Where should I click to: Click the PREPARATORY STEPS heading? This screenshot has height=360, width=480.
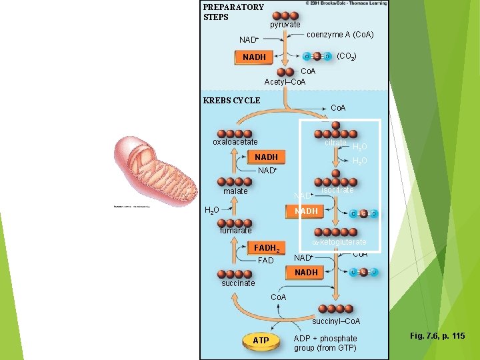(x=233, y=12)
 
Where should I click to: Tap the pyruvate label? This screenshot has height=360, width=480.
(x=285, y=25)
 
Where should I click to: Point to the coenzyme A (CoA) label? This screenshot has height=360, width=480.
(x=340, y=35)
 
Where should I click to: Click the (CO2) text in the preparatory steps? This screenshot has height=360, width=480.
(x=347, y=57)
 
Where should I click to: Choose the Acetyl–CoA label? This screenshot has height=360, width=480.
(x=285, y=81)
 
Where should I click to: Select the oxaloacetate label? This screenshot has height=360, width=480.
(x=235, y=142)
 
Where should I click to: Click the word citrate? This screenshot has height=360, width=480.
(x=335, y=143)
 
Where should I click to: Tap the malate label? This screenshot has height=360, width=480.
(x=235, y=191)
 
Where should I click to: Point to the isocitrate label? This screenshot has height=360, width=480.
(x=337, y=190)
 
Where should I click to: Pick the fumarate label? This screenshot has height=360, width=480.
(x=236, y=231)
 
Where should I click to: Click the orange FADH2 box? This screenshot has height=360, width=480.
(x=269, y=247)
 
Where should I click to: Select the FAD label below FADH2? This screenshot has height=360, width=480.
(x=265, y=261)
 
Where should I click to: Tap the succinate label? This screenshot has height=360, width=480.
(x=237, y=283)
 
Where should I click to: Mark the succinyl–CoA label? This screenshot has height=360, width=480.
(x=337, y=321)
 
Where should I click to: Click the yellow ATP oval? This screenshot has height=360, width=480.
(x=261, y=341)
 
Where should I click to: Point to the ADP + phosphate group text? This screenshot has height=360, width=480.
(x=325, y=343)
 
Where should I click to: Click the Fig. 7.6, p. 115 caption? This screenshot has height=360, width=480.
(x=438, y=336)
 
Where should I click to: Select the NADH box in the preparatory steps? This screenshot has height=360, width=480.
(x=254, y=57)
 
